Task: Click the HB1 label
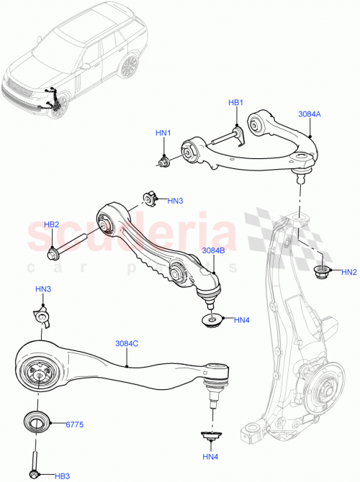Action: [x=236, y=103]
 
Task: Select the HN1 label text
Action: [x=163, y=133]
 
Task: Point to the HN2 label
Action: [x=348, y=272]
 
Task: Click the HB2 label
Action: [x=51, y=224]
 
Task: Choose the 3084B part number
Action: [x=214, y=250]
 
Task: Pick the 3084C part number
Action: [x=127, y=343]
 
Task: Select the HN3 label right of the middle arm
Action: [x=175, y=201]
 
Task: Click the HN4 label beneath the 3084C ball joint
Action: [x=210, y=456]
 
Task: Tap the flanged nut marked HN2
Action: [x=322, y=271]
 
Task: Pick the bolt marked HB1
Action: [x=235, y=133]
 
